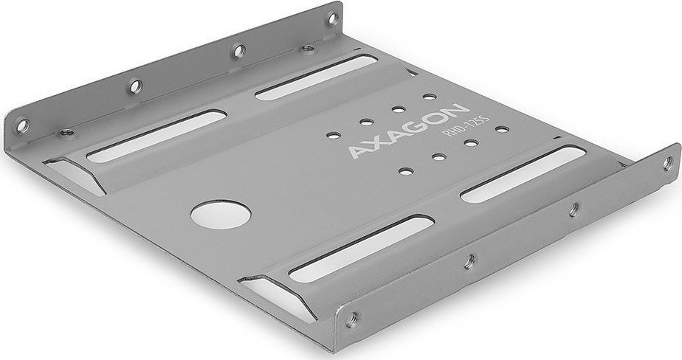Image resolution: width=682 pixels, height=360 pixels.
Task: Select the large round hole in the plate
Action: click(221, 215)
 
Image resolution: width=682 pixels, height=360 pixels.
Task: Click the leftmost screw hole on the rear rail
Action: click(22, 124)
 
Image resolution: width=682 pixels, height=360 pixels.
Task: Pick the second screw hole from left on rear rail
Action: click(134, 86)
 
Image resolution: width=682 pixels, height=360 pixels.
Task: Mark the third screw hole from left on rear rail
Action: click(238, 50)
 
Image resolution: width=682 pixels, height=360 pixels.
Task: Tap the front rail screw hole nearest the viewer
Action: click(353, 318)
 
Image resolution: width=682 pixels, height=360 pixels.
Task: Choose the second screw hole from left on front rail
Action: click(466, 260)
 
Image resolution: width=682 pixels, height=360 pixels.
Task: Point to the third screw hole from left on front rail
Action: click(573, 210)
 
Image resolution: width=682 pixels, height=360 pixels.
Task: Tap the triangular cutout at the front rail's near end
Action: click(283, 295)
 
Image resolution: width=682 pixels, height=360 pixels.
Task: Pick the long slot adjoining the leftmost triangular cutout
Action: click(156, 136)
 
